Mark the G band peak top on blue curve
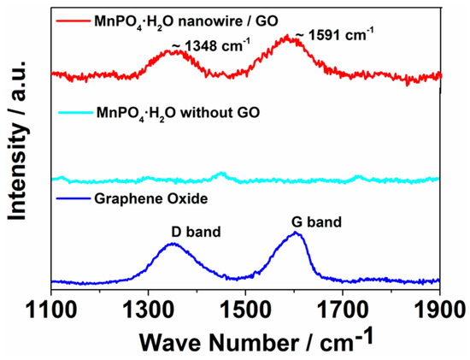[297, 233]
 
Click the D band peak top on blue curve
[173, 244]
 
